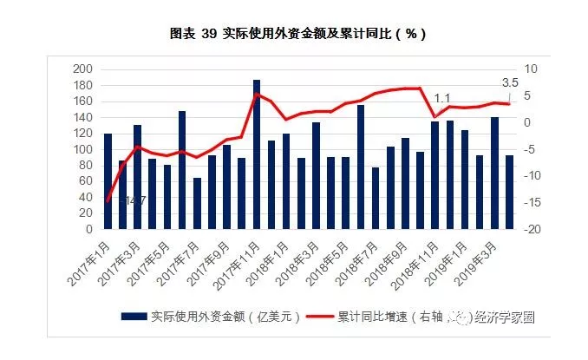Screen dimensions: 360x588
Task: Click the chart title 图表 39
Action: (294, 33)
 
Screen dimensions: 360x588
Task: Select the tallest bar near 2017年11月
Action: (257, 154)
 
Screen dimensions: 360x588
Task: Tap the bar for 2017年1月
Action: (108, 181)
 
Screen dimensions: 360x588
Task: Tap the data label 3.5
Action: (511, 83)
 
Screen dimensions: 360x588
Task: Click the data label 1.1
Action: (442, 98)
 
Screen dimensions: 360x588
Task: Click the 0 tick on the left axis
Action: (88, 230)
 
